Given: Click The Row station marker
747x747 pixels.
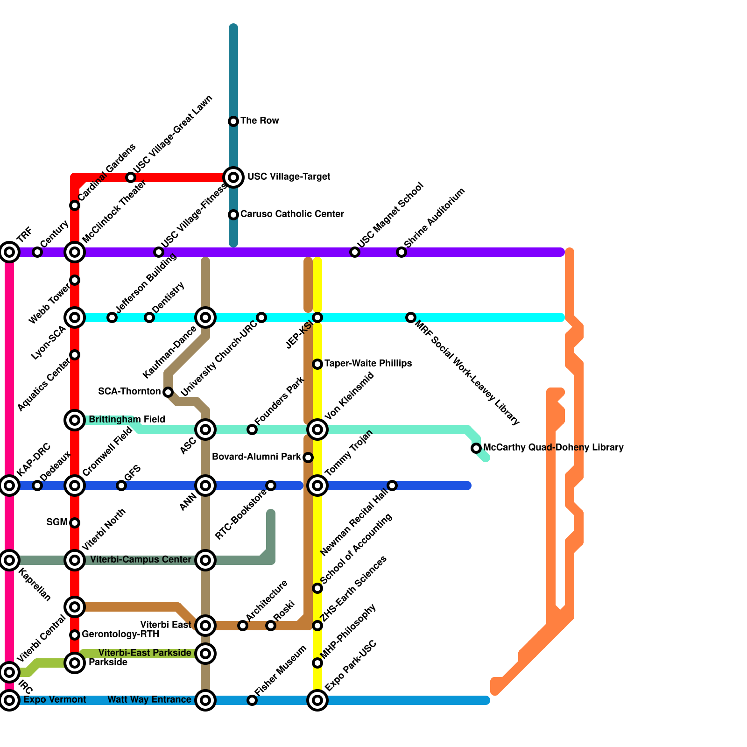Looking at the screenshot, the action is coord(233,121).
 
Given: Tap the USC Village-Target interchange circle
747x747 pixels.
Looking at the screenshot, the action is coord(233,177).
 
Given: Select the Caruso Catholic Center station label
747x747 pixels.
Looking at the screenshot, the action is coord(292,214).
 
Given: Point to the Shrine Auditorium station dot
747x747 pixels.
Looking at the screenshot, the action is coord(402,252).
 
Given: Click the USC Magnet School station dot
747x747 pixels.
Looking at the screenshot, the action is coord(355,252).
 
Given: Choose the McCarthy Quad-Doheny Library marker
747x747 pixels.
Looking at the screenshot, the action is coord(476,448).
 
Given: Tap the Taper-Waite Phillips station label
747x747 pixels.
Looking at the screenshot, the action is coord(368,364).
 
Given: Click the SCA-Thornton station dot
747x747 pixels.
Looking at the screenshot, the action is coord(168,392).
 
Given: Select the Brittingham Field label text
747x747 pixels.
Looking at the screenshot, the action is coord(127,420).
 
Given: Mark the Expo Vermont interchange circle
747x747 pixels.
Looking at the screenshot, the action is coord(9,700).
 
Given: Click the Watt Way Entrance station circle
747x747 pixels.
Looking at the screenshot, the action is coord(205,700).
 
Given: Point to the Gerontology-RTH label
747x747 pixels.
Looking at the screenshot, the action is coord(120,634).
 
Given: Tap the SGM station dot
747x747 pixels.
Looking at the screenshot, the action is coord(75,523).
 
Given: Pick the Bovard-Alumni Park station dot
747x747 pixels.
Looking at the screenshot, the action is coord(308,458).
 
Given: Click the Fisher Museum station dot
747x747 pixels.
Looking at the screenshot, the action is coord(252,700).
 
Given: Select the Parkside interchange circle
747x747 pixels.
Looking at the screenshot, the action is coord(75,663).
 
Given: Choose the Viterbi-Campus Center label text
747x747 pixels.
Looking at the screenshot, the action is coord(141,560).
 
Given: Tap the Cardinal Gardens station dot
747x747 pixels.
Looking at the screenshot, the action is coord(75,205).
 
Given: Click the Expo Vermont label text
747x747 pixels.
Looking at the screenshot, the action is coord(55,700).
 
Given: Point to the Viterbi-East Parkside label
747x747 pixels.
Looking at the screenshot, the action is coord(145,653).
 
